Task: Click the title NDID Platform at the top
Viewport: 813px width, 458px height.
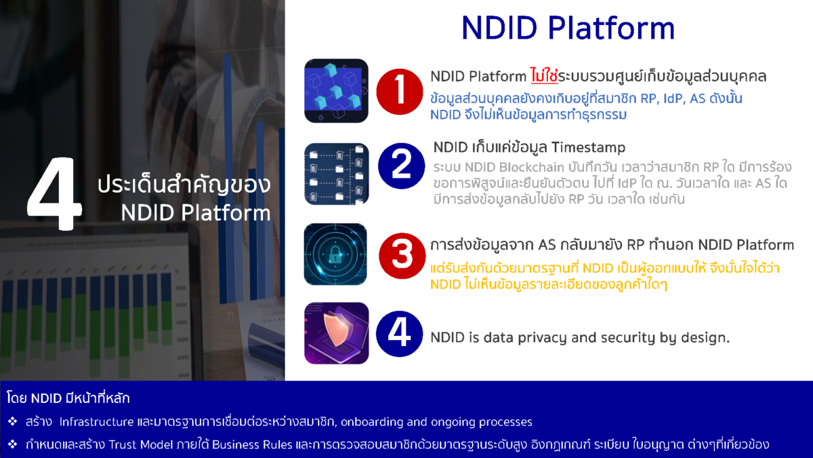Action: [x=568, y=28]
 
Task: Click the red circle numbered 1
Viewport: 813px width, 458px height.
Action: [x=401, y=92]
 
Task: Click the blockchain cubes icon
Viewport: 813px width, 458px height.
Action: [x=336, y=90]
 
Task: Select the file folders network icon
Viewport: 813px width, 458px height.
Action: [x=336, y=174]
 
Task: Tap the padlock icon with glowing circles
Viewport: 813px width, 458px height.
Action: [x=336, y=254]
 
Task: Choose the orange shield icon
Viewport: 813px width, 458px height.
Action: [x=336, y=333]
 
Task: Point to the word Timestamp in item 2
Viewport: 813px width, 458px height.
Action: [x=588, y=147]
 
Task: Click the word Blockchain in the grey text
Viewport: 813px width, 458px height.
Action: [x=495, y=167]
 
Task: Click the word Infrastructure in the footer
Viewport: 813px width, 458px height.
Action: [x=96, y=422]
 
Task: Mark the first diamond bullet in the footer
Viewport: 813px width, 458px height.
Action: [x=12, y=422]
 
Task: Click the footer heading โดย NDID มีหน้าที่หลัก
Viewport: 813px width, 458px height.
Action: [x=68, y=398]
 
